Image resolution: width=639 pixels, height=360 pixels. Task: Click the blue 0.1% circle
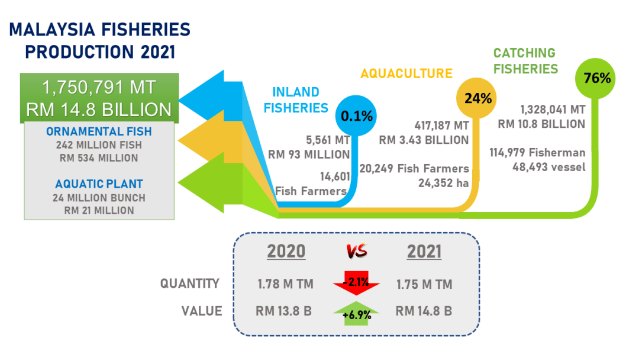(356, 116)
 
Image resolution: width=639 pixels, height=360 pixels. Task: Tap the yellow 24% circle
(476, 98)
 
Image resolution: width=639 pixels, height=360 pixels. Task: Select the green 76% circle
(595, 78)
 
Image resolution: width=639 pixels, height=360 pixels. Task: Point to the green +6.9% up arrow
(356, 313)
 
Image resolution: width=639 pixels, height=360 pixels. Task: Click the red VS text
(357, 250)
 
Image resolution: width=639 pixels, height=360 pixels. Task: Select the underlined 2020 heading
(286, 252)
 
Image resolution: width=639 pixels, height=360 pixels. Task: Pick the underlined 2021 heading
(424, 252)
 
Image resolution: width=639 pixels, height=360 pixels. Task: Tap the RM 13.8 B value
(283, 311)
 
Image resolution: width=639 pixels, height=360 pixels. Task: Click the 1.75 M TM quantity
(424, 284)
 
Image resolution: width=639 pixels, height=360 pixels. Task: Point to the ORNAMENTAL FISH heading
(99, 131)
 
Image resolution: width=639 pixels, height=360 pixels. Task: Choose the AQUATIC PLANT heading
(99, 184)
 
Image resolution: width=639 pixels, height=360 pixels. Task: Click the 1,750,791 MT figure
(99, 87)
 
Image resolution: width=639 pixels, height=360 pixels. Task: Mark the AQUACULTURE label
(406, 73)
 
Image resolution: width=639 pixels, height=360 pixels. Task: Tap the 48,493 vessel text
(549, 167)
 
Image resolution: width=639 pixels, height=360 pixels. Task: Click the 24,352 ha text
(443, 183)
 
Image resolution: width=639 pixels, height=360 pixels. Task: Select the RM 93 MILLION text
(309, 155)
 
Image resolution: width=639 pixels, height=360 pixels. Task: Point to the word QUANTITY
(189, 284)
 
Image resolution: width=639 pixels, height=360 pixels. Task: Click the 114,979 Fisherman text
(537, 153)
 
